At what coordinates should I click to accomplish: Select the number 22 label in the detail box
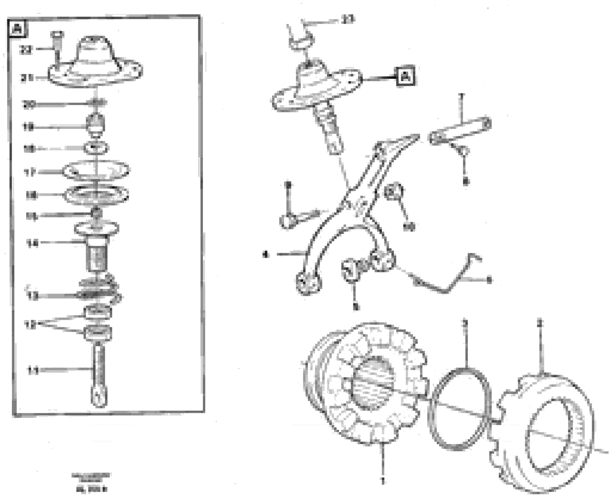click(26, 50)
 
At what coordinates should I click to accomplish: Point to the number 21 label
click(27, 78)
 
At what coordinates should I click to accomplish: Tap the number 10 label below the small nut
click(409, 227)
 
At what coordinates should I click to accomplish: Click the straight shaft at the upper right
click(460, 131)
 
